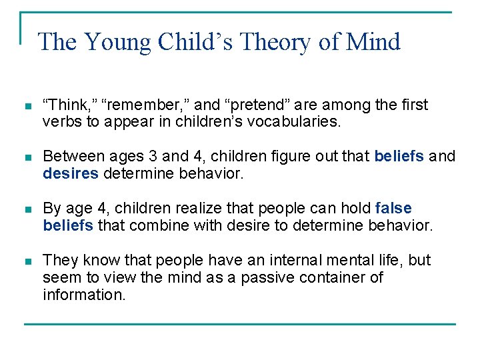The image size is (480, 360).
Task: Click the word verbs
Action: (x=59, y=121)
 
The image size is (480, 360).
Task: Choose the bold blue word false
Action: (x=393, y=208)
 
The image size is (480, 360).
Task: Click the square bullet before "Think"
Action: (x=27, y=105)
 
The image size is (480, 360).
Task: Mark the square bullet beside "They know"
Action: (x=27, y=260)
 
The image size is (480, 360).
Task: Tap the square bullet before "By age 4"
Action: (x=27, y=209)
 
